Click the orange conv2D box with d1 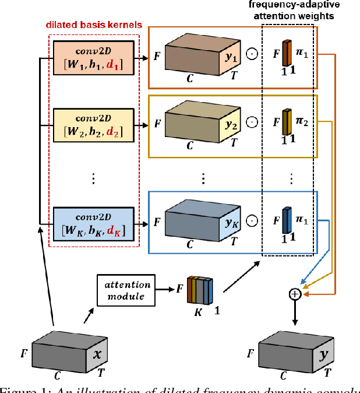(93, 59)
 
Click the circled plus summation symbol (295, 294)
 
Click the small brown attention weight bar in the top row (287, 54)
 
